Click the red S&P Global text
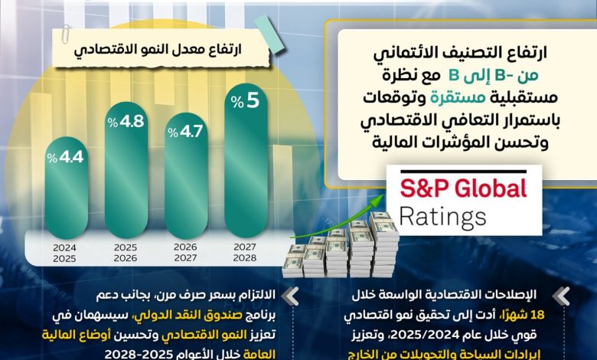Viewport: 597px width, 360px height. coord(465,188)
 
